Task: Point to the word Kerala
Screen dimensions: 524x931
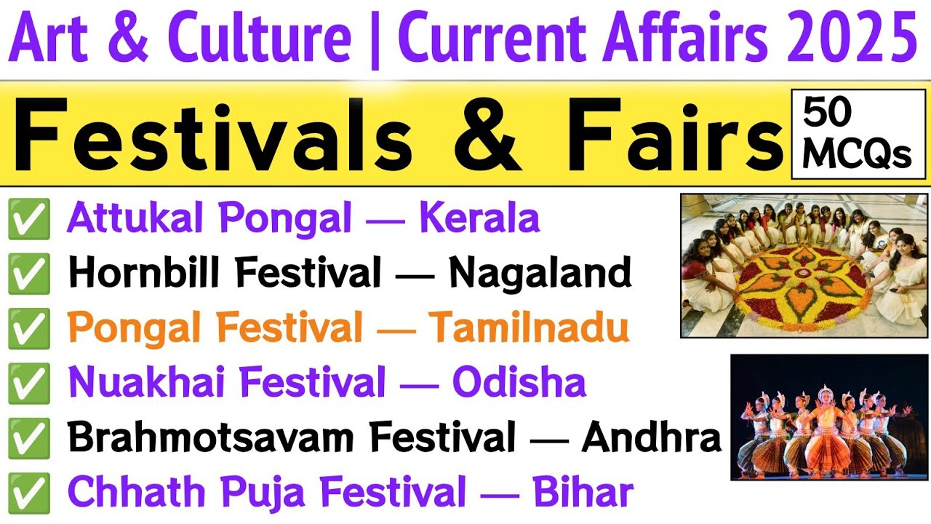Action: pos(479,218)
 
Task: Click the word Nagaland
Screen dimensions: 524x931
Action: pos(540,274)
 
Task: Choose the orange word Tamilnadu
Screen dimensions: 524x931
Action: pos(528,329)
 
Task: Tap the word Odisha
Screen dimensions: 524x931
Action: pos(519,384)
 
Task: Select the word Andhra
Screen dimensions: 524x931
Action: pos(651,438)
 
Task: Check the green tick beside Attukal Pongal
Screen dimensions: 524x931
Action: pos(29,219)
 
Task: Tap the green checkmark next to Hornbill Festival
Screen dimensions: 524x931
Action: pos(29,274)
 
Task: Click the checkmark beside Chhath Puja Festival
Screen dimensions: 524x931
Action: pos(29,493)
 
